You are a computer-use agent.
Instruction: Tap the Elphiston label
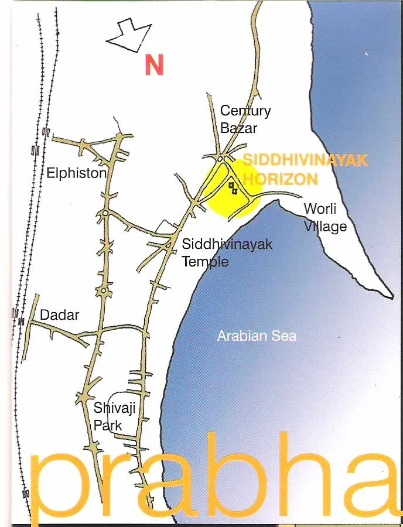point(76,173)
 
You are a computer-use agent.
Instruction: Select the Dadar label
point(59,315)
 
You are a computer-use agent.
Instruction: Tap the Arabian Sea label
point(257,336)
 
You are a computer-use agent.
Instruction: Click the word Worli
point(320,208)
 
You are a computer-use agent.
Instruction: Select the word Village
point(325,226)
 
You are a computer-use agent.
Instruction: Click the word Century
point(245,111)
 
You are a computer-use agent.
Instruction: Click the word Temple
point(205,261)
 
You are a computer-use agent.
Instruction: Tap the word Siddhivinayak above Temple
point(227,244)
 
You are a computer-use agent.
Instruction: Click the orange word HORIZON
point(280,179)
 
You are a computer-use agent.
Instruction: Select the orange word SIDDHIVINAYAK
point(305,160)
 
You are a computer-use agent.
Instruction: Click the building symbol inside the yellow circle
point(233,188)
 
